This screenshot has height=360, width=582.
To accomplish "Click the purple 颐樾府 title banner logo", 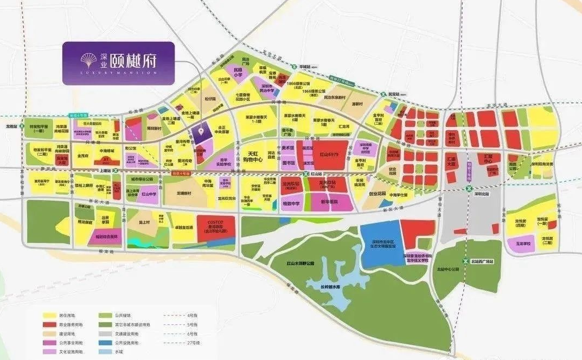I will (118, 63).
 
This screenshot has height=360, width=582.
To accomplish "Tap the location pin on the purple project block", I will (201, 131).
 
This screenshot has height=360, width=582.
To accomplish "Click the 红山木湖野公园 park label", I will (301, 263).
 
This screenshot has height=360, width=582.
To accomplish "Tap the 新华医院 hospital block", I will (329, 202).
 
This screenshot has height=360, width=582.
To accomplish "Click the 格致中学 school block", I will (292, 204).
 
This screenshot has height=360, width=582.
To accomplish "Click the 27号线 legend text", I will (194, 343).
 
